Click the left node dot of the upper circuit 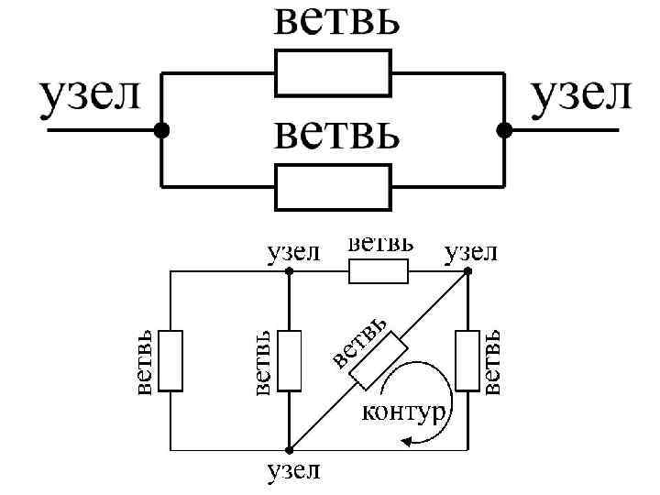[162, 131]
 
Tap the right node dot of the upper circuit [503, 131]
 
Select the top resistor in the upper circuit [333, 72]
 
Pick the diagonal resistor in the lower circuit [377, 360]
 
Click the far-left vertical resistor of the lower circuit [170, 361]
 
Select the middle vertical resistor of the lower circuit [290, 361]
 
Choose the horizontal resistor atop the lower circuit [378, 271]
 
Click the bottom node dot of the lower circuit [290, 450]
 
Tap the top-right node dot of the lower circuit [467, 271]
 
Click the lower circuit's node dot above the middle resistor [290, 271]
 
